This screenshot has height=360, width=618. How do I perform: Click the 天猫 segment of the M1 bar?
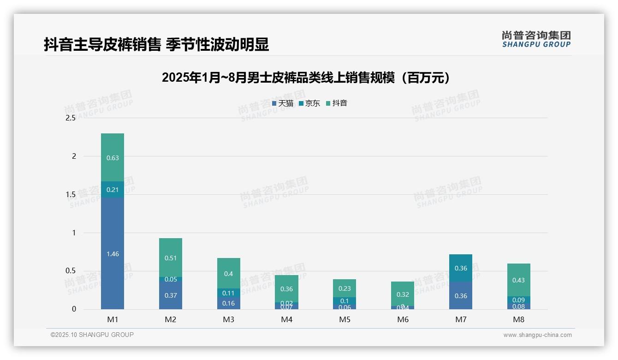click(113, 253)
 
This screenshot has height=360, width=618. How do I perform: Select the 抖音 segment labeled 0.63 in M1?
click(113, 157)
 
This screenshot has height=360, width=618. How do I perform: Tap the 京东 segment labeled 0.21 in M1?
click(113, 189)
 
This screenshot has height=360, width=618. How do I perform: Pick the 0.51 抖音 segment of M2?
click(171, 258)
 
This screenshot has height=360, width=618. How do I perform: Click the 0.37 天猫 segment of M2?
click(171, 295)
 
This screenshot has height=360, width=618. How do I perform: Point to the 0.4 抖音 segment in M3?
click(229, 273)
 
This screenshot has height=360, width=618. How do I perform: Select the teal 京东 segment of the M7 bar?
click(461, 268)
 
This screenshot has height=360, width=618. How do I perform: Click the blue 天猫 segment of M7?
click(461, 296)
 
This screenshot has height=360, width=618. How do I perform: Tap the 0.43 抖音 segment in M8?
click(518, 280)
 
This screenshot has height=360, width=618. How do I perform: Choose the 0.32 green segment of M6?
click(403, 294)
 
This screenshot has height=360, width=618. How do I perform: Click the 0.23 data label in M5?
click(345, 288)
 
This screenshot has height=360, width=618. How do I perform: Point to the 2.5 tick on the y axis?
click(71, 118)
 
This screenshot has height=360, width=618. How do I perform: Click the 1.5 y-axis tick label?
click(71, 194)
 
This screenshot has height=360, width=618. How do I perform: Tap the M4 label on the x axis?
click(287, 319)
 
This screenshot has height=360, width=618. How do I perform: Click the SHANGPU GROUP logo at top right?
click(536, 39)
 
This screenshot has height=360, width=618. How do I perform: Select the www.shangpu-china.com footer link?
click(537, 335)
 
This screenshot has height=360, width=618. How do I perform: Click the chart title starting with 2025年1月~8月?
click(306, 78)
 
